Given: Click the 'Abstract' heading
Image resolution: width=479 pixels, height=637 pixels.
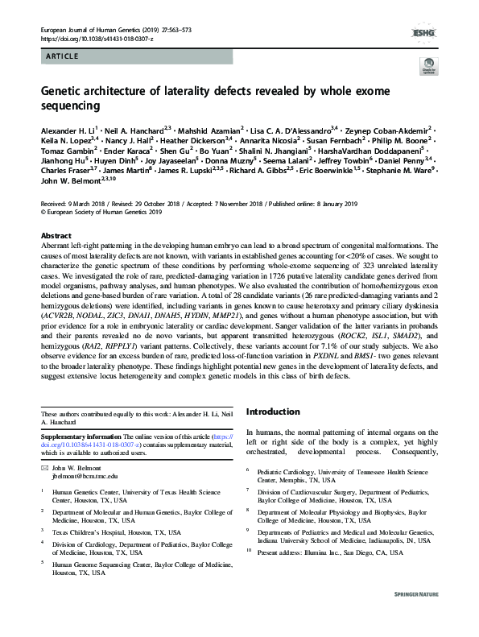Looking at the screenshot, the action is [56, 236].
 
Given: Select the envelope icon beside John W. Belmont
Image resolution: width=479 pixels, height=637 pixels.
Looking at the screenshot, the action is [44, 468].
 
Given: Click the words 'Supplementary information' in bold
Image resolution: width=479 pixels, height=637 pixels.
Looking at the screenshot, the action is [78, 436].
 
